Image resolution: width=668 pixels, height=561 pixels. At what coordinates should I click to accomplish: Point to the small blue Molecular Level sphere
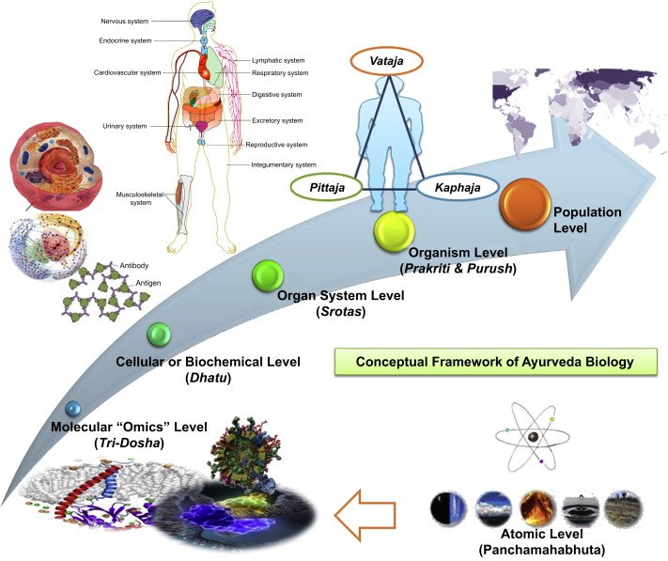click(x=71, y=409)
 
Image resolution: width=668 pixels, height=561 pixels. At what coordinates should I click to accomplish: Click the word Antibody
click(x=137, y=265)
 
